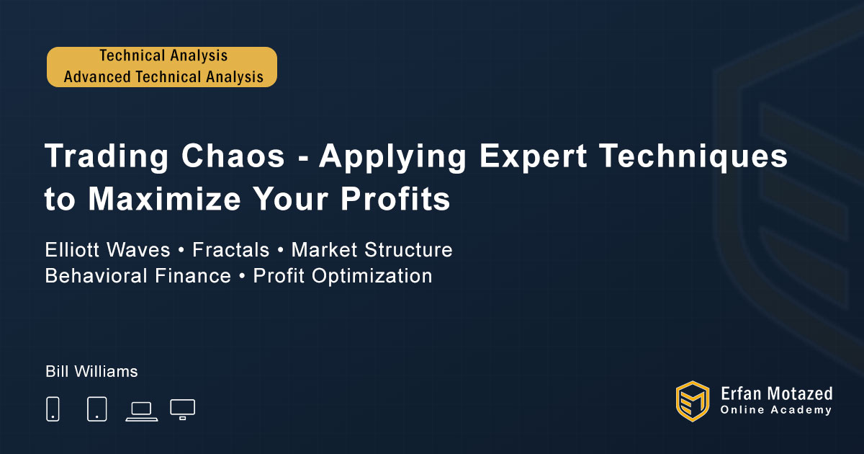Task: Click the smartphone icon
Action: (x=53, y=409)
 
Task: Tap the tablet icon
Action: (x=96, y=409)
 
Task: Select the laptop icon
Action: (x=142, y=411)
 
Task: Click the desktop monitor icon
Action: (x=182, y=409)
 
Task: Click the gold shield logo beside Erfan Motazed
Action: (x=693, y=401)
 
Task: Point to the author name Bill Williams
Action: (x=91, y=371)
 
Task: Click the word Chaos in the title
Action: (x=233, y=156)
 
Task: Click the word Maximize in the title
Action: (x=165, y=199)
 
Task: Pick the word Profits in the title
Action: (x=395, y=199)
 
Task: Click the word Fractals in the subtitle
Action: (x=230, y=249)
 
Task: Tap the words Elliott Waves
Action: (x=107, y=249)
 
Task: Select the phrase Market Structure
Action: (x=372, y=249)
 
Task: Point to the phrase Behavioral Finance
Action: (x=138, y=275)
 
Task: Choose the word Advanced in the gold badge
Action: (x=97, y=76)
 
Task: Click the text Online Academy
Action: (x=776, y=410)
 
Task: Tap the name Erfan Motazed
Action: (x=776, y=393)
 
